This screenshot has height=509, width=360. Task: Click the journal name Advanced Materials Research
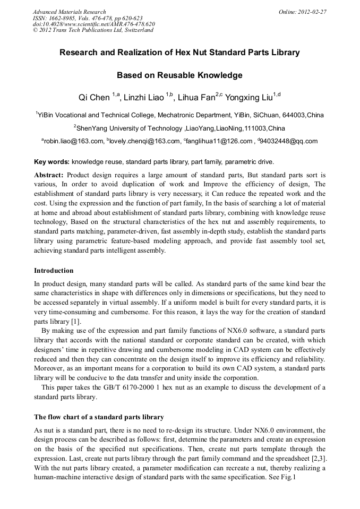[x=70, y=12]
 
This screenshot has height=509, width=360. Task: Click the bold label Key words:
[x=52, y=161]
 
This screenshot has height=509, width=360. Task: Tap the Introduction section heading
[x=54, y=271]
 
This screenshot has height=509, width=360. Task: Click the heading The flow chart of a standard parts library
[x=99, y=417]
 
